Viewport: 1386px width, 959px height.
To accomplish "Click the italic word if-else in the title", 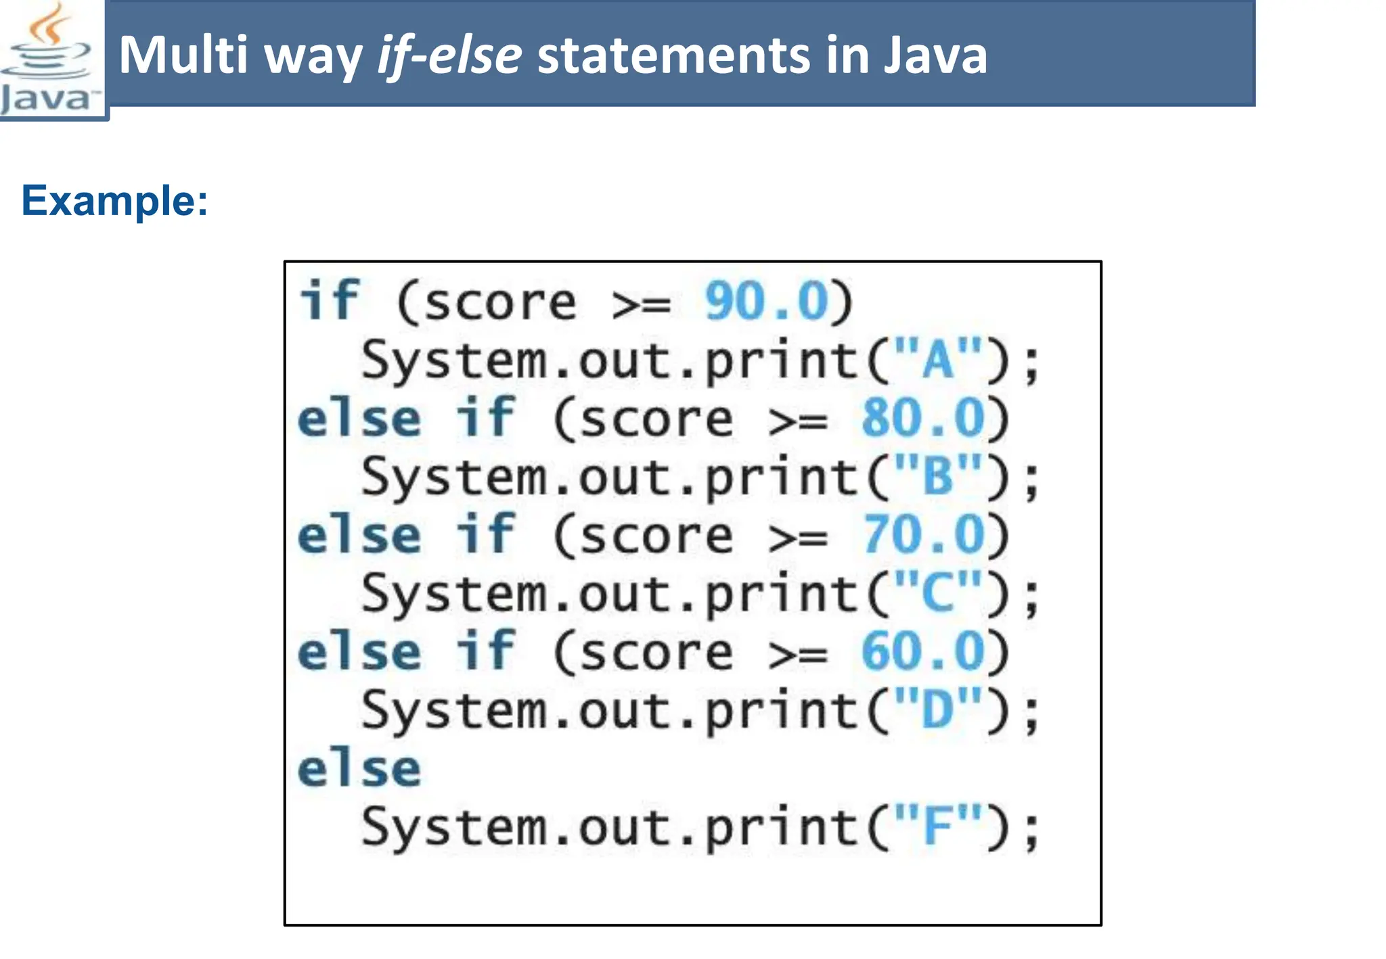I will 449,55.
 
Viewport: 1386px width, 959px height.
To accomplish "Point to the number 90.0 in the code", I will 766,302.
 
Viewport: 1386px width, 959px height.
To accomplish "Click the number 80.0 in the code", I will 922,418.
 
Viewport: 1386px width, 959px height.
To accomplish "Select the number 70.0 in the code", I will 922,534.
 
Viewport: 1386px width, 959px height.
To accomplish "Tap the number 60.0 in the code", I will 922,651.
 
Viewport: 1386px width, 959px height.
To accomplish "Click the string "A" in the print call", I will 937,360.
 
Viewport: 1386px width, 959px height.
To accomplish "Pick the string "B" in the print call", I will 937,477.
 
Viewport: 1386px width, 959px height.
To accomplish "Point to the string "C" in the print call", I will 937,593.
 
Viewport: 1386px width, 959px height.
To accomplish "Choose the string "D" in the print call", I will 937,710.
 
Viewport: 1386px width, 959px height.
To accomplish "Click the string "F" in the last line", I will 937,826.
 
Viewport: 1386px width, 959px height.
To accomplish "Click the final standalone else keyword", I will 359,769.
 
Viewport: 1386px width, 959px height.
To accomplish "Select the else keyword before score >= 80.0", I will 359,418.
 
